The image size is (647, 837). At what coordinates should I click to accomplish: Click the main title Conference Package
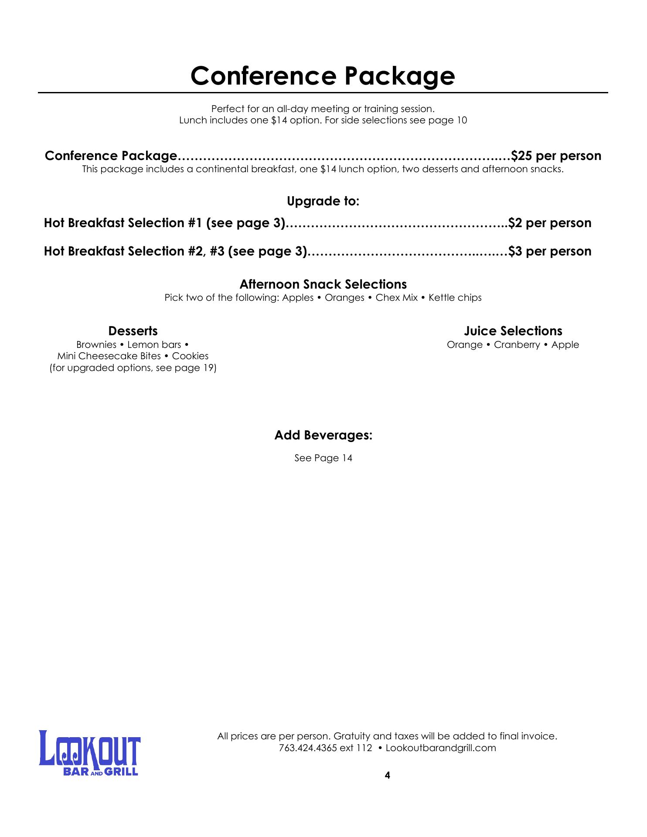point(323,76)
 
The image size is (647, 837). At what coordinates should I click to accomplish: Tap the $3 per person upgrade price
point(550,252)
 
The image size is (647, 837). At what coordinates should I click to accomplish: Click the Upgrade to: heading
point(323,201)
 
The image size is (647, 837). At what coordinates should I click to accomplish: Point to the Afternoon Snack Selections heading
point(323,285)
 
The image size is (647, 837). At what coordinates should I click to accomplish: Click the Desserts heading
point(133,331)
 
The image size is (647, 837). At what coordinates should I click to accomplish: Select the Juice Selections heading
point(513,331)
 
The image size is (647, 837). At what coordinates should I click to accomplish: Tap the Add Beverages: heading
point(323,436)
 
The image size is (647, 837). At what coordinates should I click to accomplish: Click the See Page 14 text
point(323,458)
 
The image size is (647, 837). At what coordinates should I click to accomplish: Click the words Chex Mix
point(396,298)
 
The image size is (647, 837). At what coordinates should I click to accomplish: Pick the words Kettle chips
point(455,298)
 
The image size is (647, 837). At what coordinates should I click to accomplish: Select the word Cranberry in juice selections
point(517,345)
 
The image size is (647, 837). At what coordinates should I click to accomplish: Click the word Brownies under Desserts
point(96,345)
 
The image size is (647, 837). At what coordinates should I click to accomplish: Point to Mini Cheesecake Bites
point(109,356)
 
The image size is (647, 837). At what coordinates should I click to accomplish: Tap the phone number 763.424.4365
point(308,748)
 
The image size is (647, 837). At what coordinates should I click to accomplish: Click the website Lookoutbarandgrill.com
point(441,748)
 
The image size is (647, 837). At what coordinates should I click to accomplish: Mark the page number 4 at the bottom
point(388,775)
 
